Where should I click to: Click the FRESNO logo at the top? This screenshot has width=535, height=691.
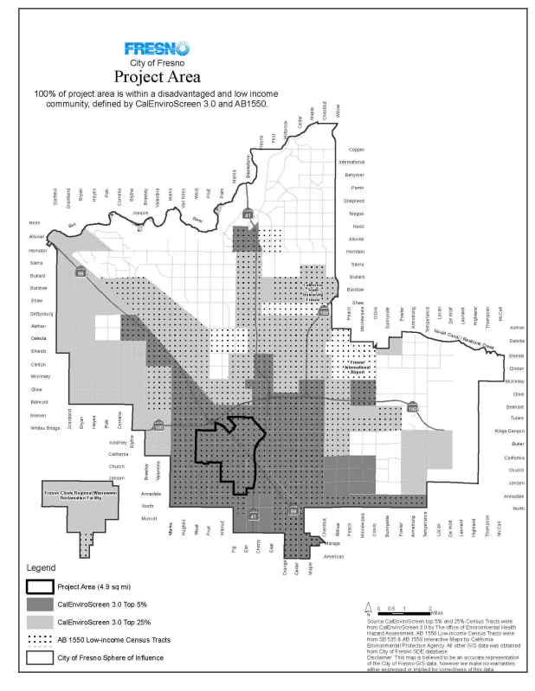point(151,49)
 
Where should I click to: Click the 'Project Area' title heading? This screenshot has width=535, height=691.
point(151,78)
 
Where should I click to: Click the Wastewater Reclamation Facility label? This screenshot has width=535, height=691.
point(74,497)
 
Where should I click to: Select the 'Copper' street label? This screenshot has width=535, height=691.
point(356,150)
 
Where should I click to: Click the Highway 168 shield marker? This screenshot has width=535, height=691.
point(322,310)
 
